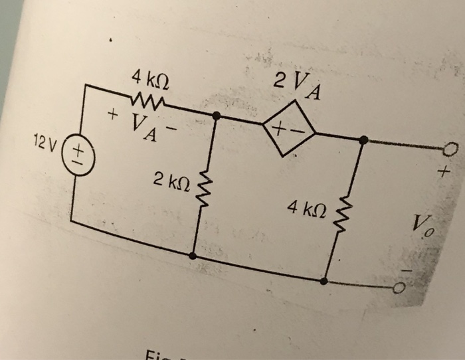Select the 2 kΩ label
(171, 178)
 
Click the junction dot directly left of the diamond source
(215, 115)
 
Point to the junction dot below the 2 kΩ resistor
(193, 254)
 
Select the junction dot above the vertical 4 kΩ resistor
(363, 140)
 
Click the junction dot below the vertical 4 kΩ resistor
(324, 281)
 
